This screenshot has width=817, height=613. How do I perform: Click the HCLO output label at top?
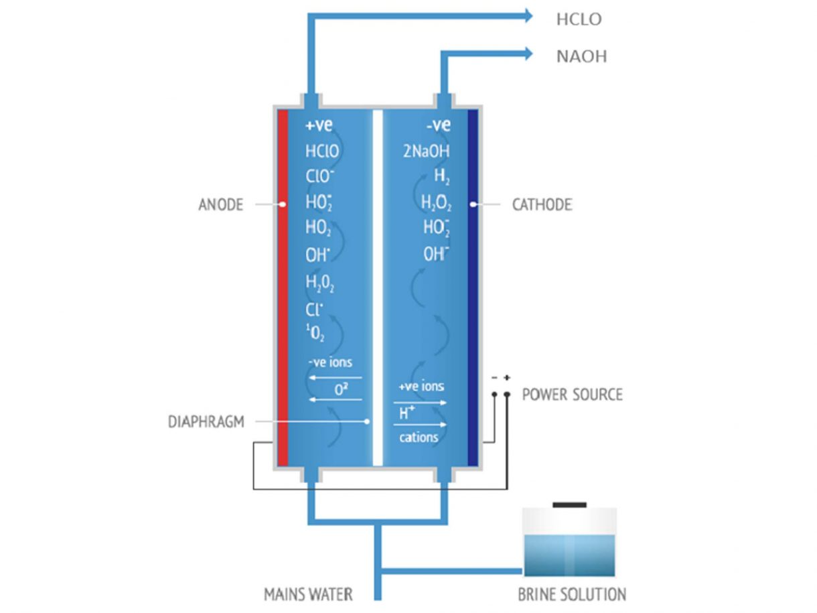pos(579,19)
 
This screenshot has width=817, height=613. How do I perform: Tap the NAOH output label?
pos(581,56)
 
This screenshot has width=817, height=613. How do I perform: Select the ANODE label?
pos(220,204)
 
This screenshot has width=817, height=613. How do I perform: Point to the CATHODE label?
pos(542,204)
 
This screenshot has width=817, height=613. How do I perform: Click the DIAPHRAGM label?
pos(206,422)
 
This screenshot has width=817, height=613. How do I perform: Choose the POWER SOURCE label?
pos(572,394)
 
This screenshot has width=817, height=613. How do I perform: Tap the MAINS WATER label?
pos(308,594)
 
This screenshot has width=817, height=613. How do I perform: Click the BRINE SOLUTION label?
pos(572,594)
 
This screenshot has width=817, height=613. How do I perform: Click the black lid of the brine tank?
pos(569,504)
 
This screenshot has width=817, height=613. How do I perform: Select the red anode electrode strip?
pos(283,288)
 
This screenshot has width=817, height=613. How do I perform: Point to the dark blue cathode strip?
pos(473,288)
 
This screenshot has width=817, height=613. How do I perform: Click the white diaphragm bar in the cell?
pos(378,288)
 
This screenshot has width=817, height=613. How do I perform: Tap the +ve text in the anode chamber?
pos(319,125)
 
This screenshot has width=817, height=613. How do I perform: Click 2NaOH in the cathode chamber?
pos(426,151)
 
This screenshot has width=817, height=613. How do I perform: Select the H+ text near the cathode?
pos(406,413)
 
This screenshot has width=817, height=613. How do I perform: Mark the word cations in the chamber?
pos(419,437)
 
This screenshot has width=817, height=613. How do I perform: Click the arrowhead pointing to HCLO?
pos(528,16)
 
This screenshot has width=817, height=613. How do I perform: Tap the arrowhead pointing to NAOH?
pos(528,53)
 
